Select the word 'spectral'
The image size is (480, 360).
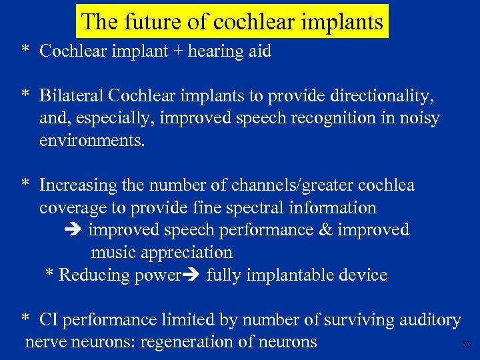pyautogui.click(x=255, y=207)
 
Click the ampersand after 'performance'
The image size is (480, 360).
pyautogui.click(x=325, y=230)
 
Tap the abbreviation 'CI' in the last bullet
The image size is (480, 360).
pyautogui.click(x=48, y=320)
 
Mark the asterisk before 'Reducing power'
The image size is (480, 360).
pyautogui.click(x=49, y=275)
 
